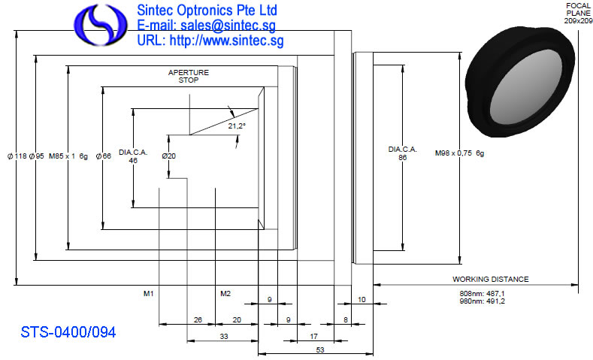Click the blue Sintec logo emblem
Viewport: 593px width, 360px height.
click(101, 25)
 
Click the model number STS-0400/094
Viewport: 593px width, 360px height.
click(68, 332)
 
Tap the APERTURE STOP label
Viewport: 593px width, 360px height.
click(189, 76)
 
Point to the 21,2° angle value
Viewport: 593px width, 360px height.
click(237, 126)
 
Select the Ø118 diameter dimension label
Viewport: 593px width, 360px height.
click(17, 156)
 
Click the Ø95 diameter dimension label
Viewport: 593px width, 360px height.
click(37, 156)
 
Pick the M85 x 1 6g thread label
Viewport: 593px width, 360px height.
click(68, 156)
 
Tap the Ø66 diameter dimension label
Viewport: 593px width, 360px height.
click(104, 156)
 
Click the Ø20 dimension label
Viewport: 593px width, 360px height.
click(169, 156)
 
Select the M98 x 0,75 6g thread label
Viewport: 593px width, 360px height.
click(459, 153)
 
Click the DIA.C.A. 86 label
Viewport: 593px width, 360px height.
click(402, 153)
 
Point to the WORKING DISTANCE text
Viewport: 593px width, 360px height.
click(491, 279)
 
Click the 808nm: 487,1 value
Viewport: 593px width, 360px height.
click(483, 293)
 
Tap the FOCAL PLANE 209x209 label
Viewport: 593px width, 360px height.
click(578, 14)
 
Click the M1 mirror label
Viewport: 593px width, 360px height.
click(149, 293)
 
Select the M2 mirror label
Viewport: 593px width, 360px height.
click(225, 293)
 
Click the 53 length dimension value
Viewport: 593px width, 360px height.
click(320, 349)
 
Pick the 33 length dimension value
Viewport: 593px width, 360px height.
click(224, 336)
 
